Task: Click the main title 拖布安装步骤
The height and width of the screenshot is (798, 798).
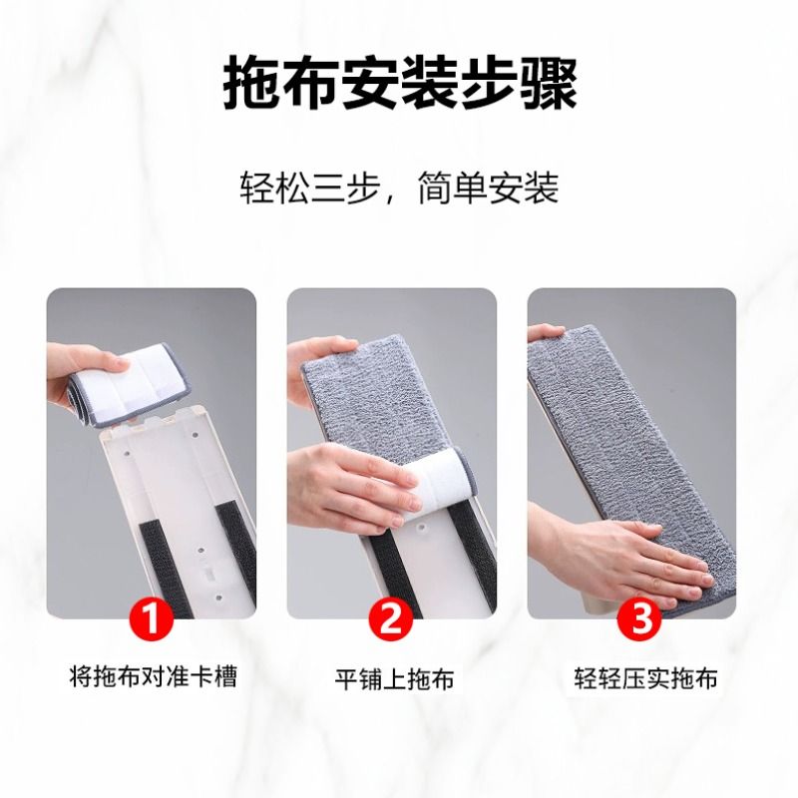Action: point(399,85)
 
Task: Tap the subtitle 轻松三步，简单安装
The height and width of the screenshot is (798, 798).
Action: point(399,188)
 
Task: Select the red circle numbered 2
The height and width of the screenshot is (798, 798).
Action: point(392,618)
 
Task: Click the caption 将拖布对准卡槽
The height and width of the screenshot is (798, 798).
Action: point(153,678)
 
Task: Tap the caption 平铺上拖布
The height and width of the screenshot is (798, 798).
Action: point(393,679)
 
